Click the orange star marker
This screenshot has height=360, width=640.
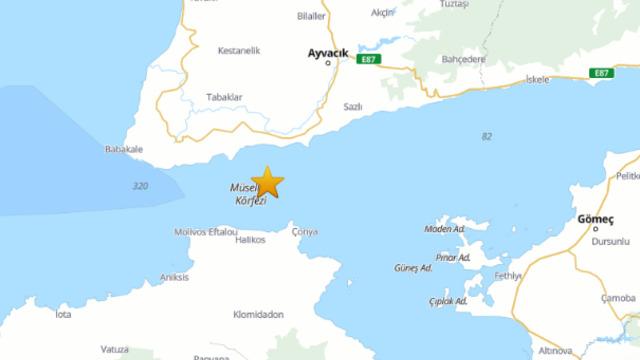coord(267,183)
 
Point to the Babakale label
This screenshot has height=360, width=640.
coord(124,150)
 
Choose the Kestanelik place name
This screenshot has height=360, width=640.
coord(240,48)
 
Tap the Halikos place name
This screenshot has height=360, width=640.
coord(250,240)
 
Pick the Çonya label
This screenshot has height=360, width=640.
coord(304,232)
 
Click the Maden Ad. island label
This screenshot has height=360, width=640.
coord(445,229)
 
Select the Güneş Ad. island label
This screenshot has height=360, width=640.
coord(413,268)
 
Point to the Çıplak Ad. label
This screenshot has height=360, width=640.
coord(447,300)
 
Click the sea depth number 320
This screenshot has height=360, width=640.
coord(139,186)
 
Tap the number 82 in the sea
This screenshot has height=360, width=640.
coord(487,136)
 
